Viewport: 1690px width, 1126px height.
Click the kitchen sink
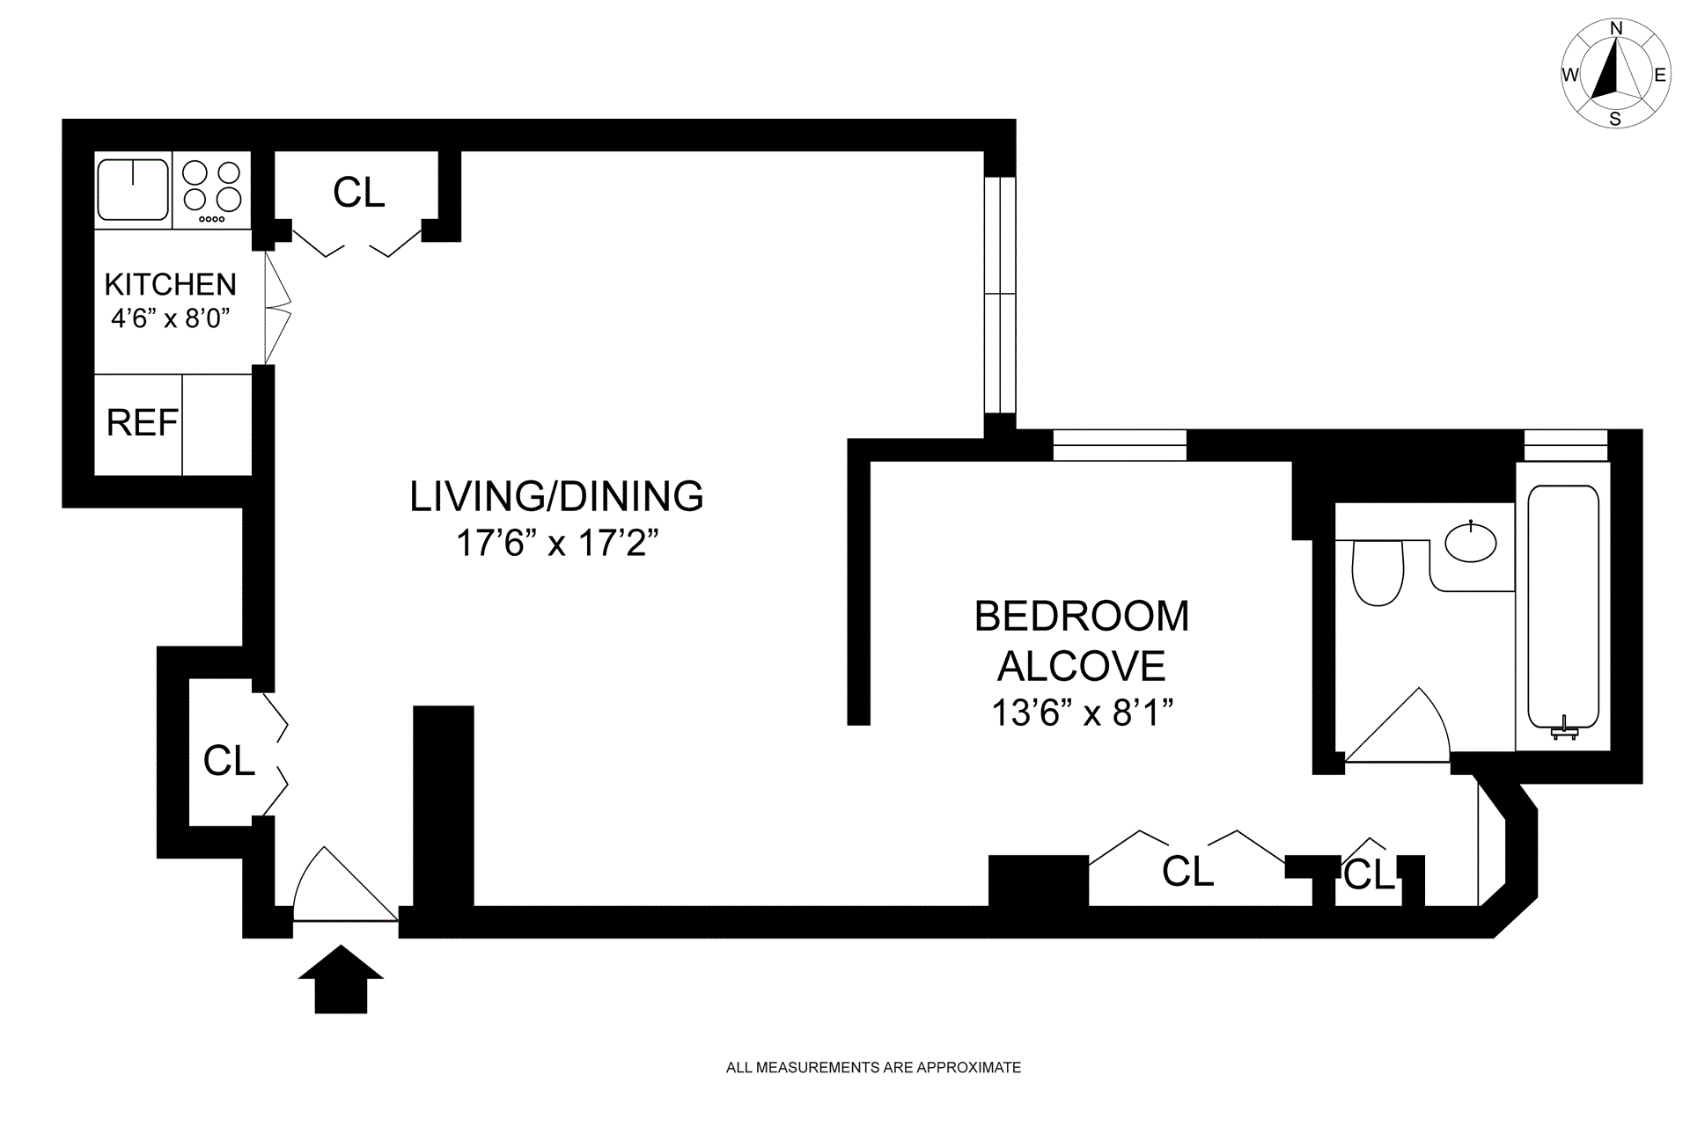click(x=133, y=189)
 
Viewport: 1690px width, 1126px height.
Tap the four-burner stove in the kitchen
click(x=211, y=189)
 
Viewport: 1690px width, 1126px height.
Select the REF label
click(x=142, y=423)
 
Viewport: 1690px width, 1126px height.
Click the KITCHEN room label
click(x=171, y=284)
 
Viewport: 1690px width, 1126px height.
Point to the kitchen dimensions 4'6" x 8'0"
click(x=171, y=318)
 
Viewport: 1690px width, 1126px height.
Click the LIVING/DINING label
click(x=556, y=496)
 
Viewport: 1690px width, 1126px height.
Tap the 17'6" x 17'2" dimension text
click(x=557, y=543)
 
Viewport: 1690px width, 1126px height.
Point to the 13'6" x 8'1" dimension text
click(x=1083, y=712)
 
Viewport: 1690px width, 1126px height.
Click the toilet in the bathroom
click(x=1378, y=572)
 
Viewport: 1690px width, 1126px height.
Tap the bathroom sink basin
click(x=1471, y=540)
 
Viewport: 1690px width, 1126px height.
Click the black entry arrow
click(x=341, y=979)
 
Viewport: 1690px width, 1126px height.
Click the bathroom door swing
click(x=1397, y=725)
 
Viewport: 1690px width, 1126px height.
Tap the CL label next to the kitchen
click(x=359, y=193)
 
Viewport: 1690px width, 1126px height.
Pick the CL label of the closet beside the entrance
click(x=229, y=761)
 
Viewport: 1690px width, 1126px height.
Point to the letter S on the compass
click(x=1615, y=119)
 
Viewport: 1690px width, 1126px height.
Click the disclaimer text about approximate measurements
click(x=873, y=1068)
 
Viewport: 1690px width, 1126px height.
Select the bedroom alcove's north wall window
click(x=1120, y=445)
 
